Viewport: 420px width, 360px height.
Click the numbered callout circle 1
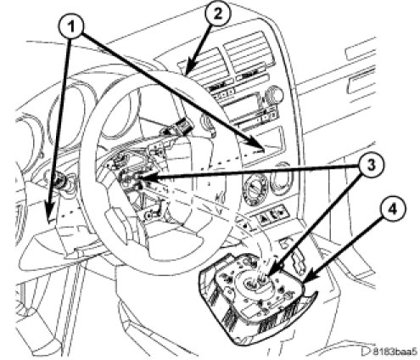pos(71,27)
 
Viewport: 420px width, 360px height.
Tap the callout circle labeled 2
pos(218,14)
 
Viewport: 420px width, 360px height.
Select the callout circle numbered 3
pos(371,166)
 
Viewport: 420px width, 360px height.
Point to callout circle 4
pos(392,209)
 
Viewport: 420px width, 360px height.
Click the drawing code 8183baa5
pos(395,352)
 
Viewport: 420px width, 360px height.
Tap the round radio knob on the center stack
pos(272,93)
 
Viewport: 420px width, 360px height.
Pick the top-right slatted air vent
pos(249,53)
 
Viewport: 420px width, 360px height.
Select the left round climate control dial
pos(255,188)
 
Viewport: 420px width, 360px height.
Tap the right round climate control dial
pos(283,177)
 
